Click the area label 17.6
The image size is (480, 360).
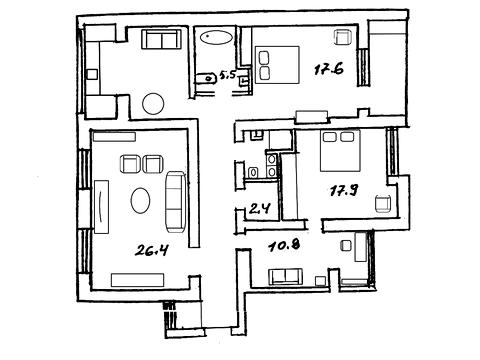click(x=329, y=69)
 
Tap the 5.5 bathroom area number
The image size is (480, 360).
click(x=227, y=76)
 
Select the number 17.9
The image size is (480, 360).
click(x=344, y=191)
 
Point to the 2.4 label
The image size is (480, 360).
click(x=259, y=209)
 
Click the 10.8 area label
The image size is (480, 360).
click(x=284, y=246)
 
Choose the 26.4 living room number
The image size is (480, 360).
click(x=151, y=250)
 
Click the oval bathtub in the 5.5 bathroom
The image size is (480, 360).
click(x=217, y=37)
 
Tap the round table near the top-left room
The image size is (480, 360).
click(x=153, y=104)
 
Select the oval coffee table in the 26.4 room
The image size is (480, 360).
click(x=140, y=200)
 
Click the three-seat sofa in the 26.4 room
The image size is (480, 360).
click(x=175, y=202)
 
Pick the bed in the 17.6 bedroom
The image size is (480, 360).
click(x=277, y=65)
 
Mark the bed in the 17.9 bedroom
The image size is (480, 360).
click(x=340, y=151)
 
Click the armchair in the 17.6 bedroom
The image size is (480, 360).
click(x=343, y=37)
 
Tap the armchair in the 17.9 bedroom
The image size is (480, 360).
click(x=383, y=204)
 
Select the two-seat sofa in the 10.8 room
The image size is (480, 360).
click(x=285, y=277)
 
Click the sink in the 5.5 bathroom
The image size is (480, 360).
click(x=205, y=79)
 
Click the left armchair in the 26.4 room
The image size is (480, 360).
click(x=130, y=164)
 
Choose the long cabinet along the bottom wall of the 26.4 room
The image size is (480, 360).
click(x=138, y=280)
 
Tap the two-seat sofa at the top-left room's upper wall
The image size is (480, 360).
click(x=161, y=39)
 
